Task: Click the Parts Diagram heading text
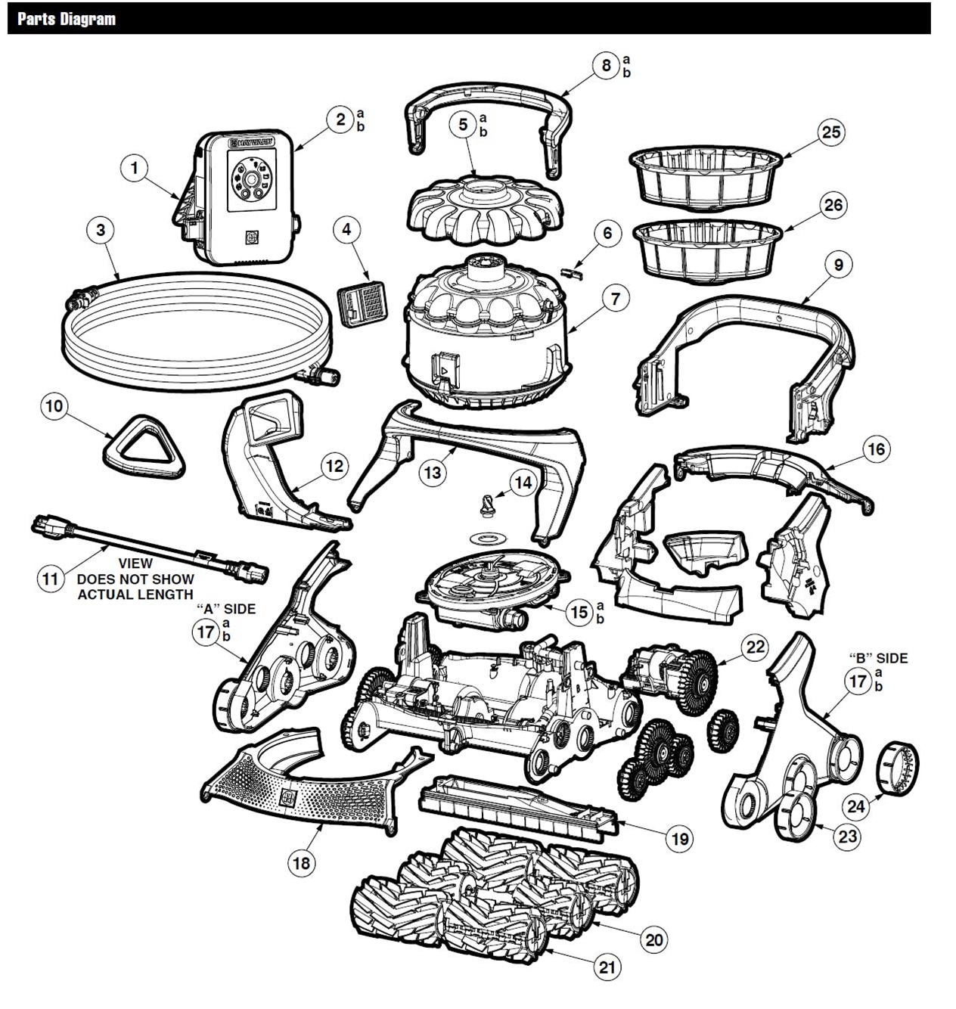(67, 19)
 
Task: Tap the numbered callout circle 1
(135, 168)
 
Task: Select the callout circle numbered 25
(830, 132)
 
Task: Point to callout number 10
(54, 406)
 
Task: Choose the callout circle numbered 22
(755, 647)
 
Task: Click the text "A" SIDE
(225, 609)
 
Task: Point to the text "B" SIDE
(877, 658)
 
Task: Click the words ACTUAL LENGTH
(135, 595)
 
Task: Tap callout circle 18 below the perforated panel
(302, 863)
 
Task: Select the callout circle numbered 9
(838, 265)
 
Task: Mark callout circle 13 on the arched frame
(433, 473)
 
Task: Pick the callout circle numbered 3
(101, 230)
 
